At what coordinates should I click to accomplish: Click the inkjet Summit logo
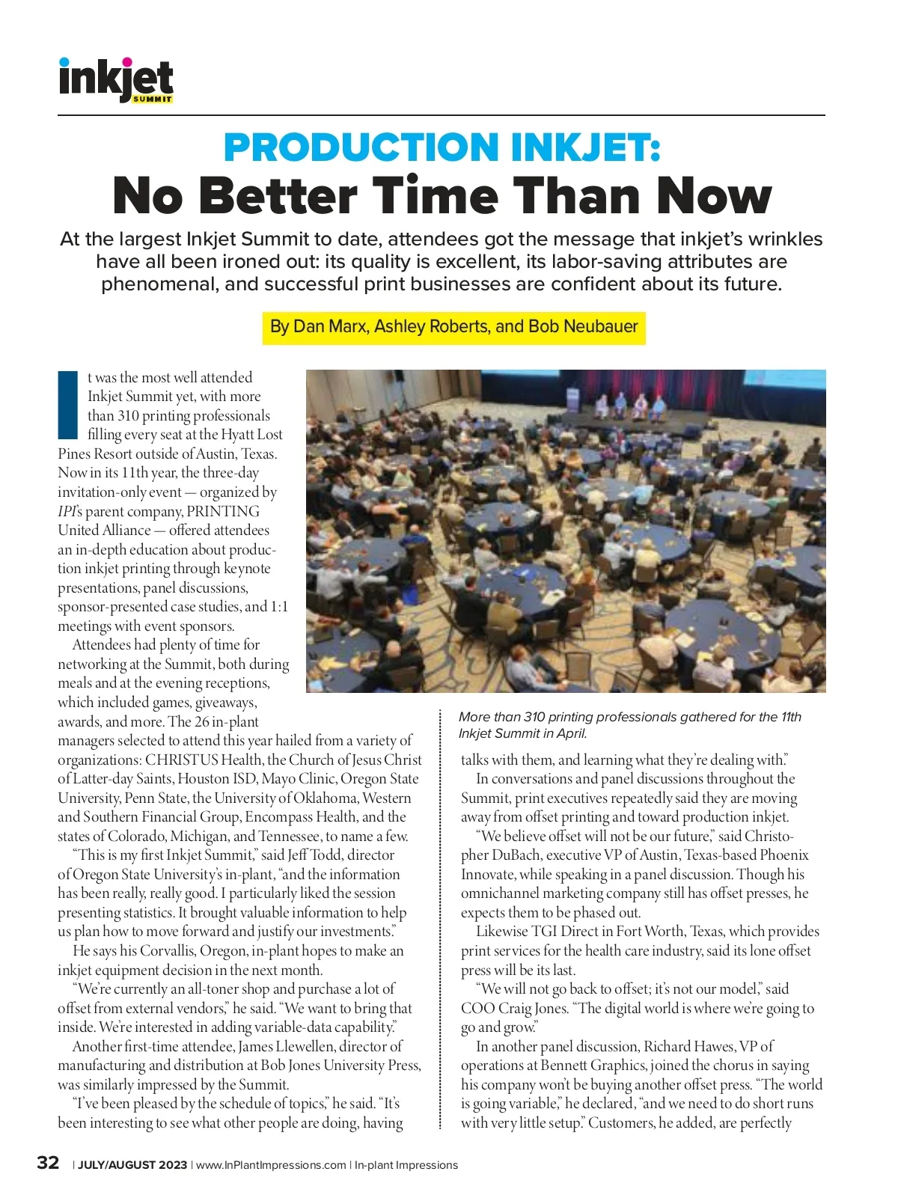pos(116,79)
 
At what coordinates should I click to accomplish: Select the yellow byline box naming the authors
pos(453,328)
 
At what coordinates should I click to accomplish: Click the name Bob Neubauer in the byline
pos(583,327)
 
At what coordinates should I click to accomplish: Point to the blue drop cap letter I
pos(68,405)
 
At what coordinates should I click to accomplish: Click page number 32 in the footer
pos(48,1163)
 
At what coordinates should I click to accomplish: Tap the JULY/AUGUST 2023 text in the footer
pos(132,1165)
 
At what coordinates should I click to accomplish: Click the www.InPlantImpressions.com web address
pos(271,1165)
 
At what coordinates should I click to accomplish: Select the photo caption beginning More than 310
pos(629,725)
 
